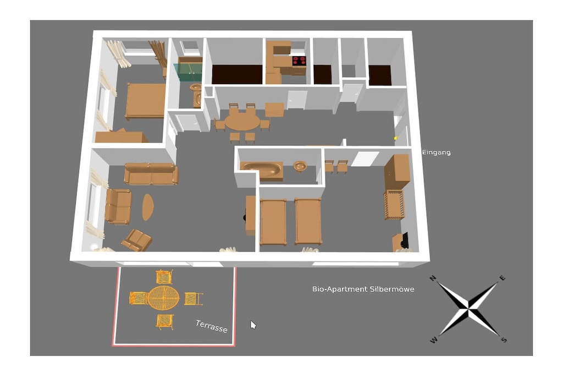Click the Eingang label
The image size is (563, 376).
(436, 152)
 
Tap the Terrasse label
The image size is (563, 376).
(212, 326)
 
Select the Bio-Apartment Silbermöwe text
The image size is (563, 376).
(363, 289)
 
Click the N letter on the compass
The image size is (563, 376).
(433, 278)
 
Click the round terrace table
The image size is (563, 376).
(163, 298)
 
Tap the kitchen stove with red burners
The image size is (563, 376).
(299, 61)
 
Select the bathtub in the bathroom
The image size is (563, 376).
(261, 170)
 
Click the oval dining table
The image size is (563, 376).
(242, 122)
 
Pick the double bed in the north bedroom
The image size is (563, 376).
(145, 101)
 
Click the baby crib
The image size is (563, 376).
(395, 204)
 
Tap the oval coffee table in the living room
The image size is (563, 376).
(147, 207)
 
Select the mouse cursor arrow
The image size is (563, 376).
(253, 325)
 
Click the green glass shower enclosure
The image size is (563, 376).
(188, 73)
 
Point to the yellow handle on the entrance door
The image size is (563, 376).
(396, 138)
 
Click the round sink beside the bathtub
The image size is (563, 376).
(300, 166)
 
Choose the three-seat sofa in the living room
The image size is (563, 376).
(151, 173)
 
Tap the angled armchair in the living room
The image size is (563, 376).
(137, 240)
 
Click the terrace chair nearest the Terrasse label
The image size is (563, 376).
(193, 299)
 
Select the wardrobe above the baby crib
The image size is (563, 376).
(397, 172)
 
